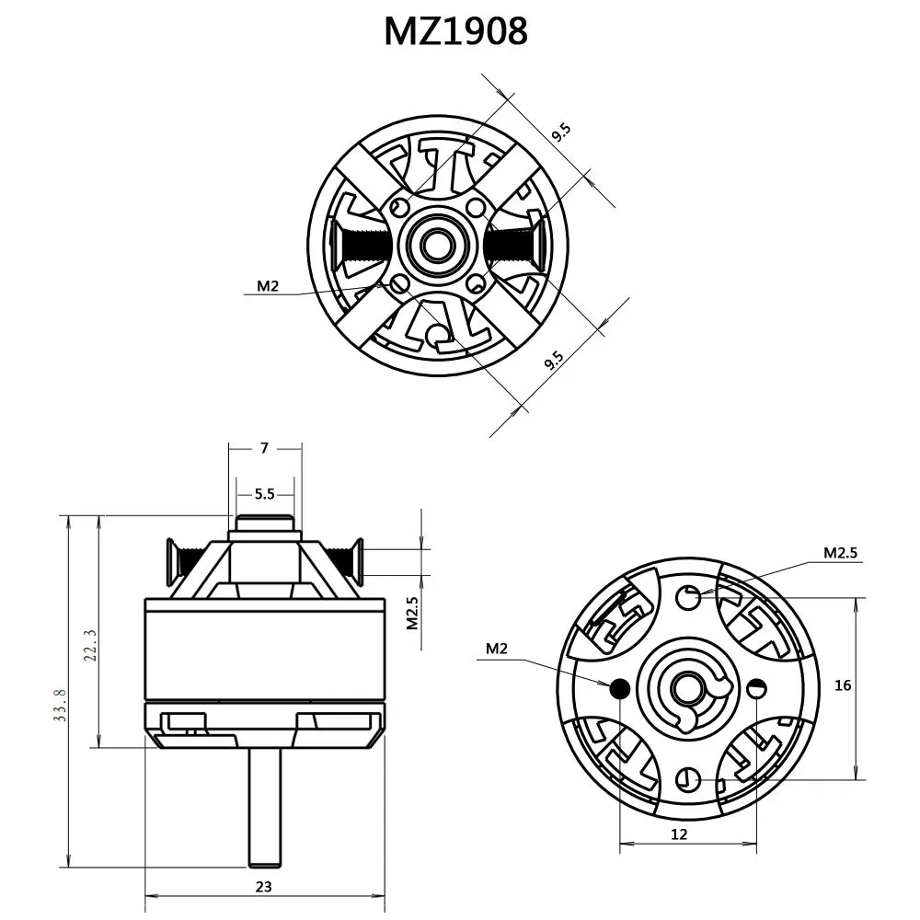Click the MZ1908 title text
click(455, 31)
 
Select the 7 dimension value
click(265, 448)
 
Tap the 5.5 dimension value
click(265, 494)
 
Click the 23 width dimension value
click(264, 887)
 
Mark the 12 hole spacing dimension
click(679, 834)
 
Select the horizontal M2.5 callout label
click(840, 553)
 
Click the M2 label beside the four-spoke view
click(268, 286)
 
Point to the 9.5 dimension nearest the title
click(561, 132)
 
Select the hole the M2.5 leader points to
click(688, 597)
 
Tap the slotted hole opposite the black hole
click(756, 687)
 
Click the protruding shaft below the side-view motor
click(264, 805)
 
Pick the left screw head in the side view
click(171, 560)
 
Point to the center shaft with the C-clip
click(686, 687)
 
